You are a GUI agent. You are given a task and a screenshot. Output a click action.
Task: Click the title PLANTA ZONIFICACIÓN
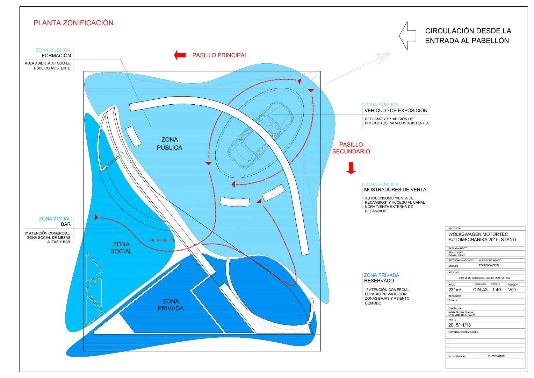[x=73, y=23]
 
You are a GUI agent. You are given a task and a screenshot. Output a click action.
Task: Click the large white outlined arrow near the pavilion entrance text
[x=407, y=36]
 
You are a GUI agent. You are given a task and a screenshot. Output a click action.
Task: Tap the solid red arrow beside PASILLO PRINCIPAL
[x=180, y=55]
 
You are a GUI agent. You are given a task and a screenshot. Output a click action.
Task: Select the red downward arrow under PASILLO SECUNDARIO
[x=351, y=168]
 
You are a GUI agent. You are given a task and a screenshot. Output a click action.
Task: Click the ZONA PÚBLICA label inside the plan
[x=169, y=143]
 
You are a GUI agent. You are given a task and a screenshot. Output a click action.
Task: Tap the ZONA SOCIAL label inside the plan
[x=121, y=247]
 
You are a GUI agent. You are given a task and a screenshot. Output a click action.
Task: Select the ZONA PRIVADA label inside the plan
[x=171, y=304]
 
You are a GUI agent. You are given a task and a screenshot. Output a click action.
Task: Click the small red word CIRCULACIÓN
[x=161, y=240]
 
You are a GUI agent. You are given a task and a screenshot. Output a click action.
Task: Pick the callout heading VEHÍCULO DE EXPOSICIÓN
[x=396, y=111]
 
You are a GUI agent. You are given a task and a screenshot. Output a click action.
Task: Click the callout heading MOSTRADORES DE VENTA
[x=395, y=190]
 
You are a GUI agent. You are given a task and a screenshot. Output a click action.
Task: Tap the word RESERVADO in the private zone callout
[x=379, y=281]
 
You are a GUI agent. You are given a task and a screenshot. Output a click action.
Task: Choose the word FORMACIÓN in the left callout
[x=56, y=56]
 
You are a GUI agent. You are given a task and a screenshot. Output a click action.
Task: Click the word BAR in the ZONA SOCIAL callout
[x=66, y=224]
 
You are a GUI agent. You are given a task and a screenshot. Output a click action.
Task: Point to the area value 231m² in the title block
[x=455, y=290]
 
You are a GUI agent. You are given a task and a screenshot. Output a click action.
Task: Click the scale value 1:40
[x=496, y=290]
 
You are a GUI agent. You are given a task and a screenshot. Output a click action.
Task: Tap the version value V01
[x=512, y=290]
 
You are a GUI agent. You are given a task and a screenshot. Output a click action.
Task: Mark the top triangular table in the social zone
[x=93, y=268]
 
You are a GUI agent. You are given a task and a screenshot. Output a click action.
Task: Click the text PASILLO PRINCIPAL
[x=220, y=55]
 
